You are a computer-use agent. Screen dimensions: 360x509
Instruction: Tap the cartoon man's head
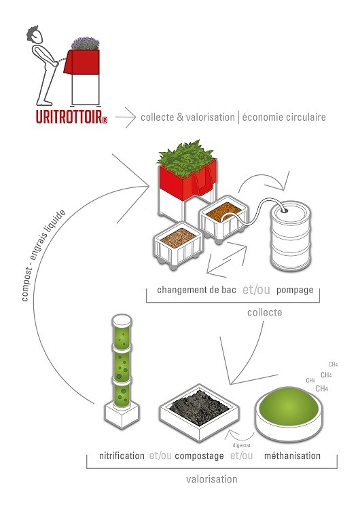pyautogui.click(x=35, y=35)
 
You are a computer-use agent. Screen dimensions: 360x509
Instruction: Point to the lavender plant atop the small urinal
pyautogui.click(x=86, y=43)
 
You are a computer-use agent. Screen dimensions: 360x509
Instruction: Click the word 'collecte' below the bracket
pyautogui.click(x=264, y=312)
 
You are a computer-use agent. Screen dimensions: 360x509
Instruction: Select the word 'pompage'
pyautogui.click(x=295, y=290)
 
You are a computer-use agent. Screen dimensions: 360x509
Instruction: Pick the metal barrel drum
pyautogui.click(x=290, y=236)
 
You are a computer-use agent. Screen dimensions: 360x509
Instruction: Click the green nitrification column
pyautogui.click(x=122, y=360)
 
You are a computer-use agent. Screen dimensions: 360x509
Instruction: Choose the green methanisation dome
pyautogui.click(x=289, y=407)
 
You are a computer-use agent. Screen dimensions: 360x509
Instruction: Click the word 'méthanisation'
pyautogui.click(x=292, y=455)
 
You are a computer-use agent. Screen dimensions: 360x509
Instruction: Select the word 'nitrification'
pyautogui.click(x=122, y=455)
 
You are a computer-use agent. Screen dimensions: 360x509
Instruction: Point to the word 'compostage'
pyautogui.click(x=199, y=456)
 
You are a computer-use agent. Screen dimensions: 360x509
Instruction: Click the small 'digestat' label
pyautogui.click(x=241, y=446)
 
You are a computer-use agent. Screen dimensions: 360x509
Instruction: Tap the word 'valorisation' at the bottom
pyautogui.click(x=211, y=479)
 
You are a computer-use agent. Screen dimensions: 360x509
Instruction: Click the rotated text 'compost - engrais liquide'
pyautogui.click(x=43, y=255)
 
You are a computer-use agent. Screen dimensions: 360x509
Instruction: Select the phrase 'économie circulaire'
pyautogui.click(x=284, y=117)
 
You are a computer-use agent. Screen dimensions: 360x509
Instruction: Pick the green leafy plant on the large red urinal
pyautogui.click(x=186, y=158)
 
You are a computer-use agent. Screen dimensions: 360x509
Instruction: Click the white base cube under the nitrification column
pyautogui.click(x=122, y=415)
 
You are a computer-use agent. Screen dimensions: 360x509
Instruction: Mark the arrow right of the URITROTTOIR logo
pyautogui.click(x=126, y=117)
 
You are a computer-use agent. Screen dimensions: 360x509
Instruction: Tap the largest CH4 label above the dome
pyautogui.click(x=322, y=388)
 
